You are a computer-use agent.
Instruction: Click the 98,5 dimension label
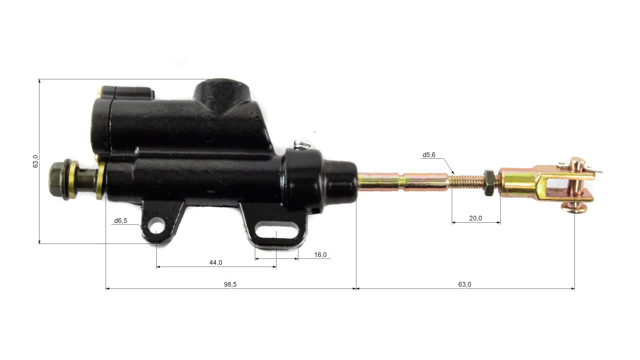coord(230,284)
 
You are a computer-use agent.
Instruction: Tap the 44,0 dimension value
coord(216,262)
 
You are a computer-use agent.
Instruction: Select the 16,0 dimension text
coord(320,255)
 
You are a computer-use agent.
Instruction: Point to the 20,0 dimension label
coord(475,218)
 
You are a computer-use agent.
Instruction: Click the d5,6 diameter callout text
coord(429,155)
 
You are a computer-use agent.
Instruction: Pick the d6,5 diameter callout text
coord(121,221)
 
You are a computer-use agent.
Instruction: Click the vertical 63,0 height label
coord(36,161)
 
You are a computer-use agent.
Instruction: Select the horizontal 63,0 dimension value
coord(465,284)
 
